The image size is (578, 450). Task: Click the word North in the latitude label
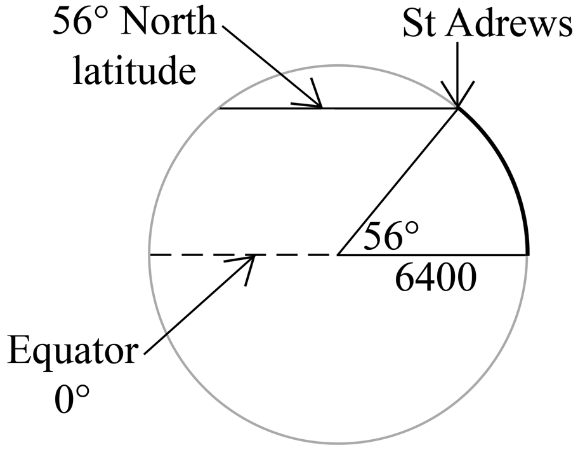(x=168, y=22)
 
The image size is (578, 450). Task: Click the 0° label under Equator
(x=72, y=399)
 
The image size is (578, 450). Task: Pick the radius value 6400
(x=435, y=278)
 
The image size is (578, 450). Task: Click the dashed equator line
(x=243, y=255)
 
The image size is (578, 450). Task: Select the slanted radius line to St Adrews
(x=398, y=181)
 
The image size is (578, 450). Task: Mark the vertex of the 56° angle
(x=338, y=255)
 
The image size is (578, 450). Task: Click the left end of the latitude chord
(x=219, y=109)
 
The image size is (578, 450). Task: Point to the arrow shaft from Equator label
(x=199, y=304)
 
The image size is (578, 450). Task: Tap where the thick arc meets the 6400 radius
(x=529, y=255)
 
